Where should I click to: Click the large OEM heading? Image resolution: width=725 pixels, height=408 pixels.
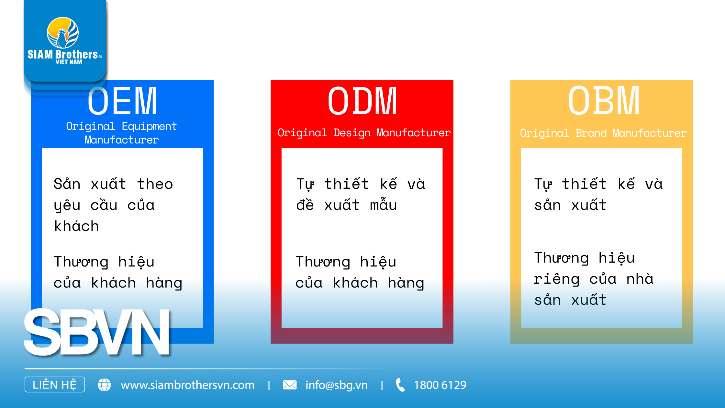pos(122,101)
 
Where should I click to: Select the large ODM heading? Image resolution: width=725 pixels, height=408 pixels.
pos(362,101)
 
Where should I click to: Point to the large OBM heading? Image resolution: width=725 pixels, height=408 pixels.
pos(604,101)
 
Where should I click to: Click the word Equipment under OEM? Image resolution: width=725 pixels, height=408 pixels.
pos(149,126)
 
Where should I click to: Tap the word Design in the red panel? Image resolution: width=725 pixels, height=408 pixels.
pos(352,133)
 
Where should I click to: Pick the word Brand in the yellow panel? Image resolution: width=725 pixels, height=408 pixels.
pos(591,133)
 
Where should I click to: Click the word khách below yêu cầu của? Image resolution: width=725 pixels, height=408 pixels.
pos(77,226)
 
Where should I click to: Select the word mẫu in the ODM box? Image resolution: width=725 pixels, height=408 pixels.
pos(384,205)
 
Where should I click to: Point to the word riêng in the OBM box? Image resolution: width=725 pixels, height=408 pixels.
pos(557,279)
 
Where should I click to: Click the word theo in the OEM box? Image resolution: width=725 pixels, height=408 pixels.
pos(155,184)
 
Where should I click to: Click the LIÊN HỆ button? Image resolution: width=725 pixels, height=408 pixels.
pos(55,385)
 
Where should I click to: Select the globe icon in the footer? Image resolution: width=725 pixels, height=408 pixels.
pos(104,385)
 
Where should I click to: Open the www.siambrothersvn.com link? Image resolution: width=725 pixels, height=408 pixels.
pos(187,385)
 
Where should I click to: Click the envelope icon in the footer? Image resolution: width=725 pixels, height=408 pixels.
pos(290,385)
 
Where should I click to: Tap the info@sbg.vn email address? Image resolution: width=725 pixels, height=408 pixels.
pos(337,385)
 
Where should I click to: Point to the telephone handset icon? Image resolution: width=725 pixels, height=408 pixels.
pos(400,385)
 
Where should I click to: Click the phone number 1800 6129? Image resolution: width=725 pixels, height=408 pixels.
pos(440,385)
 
